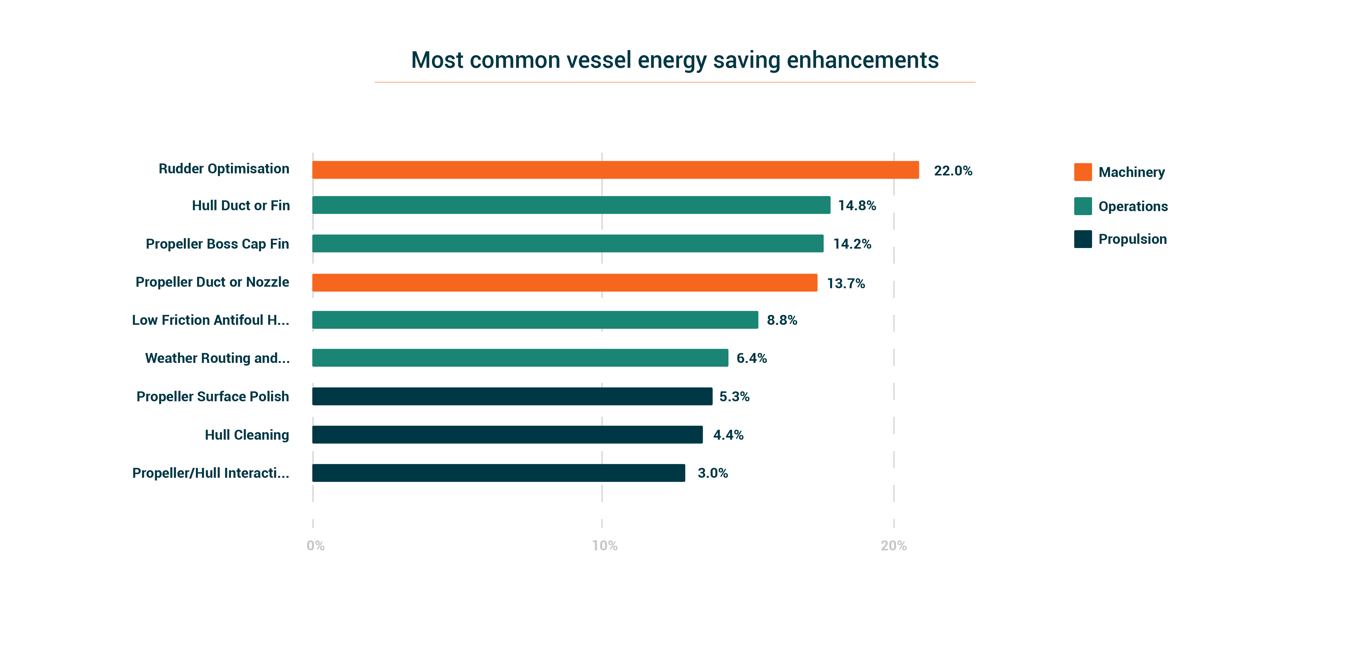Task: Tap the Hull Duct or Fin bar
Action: [x=571, y=205]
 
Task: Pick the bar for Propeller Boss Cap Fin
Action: [x=567, y=244]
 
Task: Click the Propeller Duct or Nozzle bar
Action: [x=564, y=283]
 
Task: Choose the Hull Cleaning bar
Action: [x=507, y=434]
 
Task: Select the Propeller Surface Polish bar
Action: [x=512, y=396]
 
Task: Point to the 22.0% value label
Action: [x=953, y=171]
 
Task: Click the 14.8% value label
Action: [x=857, y=205]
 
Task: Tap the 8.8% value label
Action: [x=782, y=320]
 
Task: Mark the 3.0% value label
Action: [x=713, y=473]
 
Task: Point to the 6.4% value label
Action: [x=752, y=358]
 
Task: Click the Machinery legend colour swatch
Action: [x=1083, y=172]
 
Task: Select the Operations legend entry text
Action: [x=1133, y=206]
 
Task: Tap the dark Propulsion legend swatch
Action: [x=1083, y=239]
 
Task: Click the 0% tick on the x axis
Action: [x=316, y=546]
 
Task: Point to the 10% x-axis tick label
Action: [x=605, y=546]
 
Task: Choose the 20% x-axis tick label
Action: [x=894, y=546]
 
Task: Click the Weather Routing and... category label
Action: [x=217, y=358]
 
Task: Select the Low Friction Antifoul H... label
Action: [x=211, y=320]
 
